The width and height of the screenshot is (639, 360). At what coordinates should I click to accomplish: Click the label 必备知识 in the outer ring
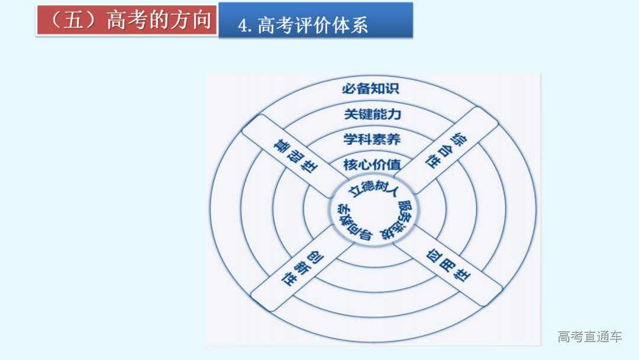click(371, 89)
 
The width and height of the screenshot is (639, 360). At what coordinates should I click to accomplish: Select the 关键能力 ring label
click(372, 114)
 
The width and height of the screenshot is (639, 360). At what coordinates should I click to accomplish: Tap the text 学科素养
click(372, 139)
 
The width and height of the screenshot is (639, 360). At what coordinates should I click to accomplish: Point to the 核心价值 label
click(372, 164)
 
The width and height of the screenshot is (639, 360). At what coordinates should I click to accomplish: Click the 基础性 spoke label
click(294, 156)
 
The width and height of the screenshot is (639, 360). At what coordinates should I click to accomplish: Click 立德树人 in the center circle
click(373, 188)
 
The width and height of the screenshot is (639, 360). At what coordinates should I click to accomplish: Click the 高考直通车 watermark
click(589, 337)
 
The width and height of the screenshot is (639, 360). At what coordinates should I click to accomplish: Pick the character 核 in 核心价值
click(350, 164)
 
